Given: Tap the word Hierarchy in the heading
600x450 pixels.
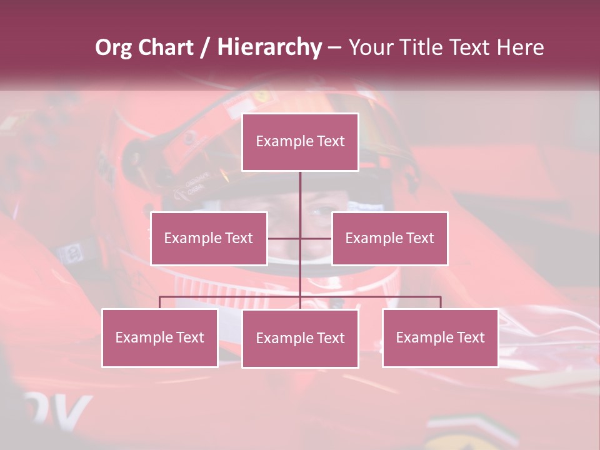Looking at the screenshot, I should (269, 47).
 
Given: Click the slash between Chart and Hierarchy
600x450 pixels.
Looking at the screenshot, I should (206, 48).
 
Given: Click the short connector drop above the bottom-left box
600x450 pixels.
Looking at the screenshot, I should (160, 302).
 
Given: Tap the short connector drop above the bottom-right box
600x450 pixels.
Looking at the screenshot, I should (440, 302).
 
